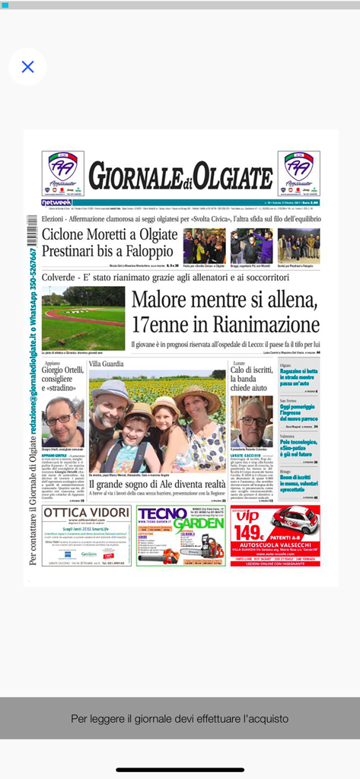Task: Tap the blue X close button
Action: (27, 67)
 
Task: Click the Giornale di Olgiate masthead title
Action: (180, 177)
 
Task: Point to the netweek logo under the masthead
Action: (57, 202)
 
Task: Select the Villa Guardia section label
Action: (106, 364)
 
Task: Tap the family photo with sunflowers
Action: (158, 423)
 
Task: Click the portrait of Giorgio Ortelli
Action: (62, 422)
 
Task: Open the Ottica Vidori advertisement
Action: (86, 535)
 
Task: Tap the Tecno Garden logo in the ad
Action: (180, 518)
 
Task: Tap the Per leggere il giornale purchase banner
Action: (180, 718)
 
